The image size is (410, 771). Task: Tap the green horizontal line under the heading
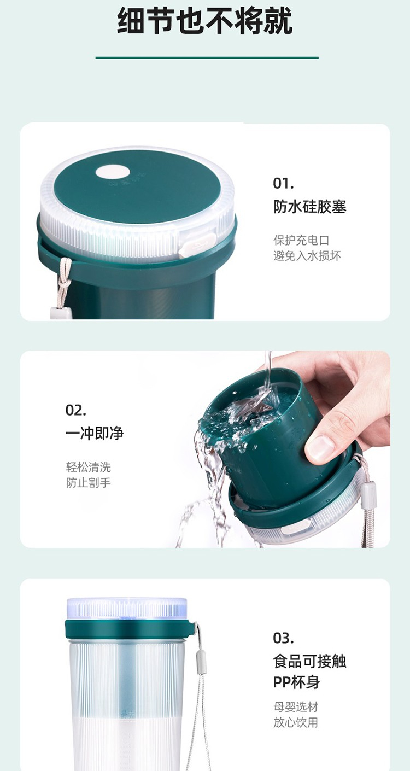click(x=207, y=57)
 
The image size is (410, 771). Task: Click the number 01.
click(x=283, y=184)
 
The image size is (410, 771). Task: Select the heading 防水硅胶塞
click(x=309, y=207)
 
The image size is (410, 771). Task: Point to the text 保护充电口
click(x=301, y=240)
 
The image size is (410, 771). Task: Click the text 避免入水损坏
click(x=307, y=256)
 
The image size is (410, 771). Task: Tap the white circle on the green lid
click(x=113, y=172)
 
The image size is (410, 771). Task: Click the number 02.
click(x=76, y=410)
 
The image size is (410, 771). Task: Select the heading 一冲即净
click(x=95, y=433)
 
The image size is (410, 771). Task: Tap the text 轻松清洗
click(x=88, y=467)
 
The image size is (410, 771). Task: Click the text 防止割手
click(x=88, y=483)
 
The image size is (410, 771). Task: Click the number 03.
click(x=283, y=638)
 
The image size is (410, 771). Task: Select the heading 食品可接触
click(x=309, y=661)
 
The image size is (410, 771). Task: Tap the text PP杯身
click(x=296, y=682)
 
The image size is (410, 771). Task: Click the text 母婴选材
click(x=296, y=707)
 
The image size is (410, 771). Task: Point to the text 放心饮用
click(x=296, y=722)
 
